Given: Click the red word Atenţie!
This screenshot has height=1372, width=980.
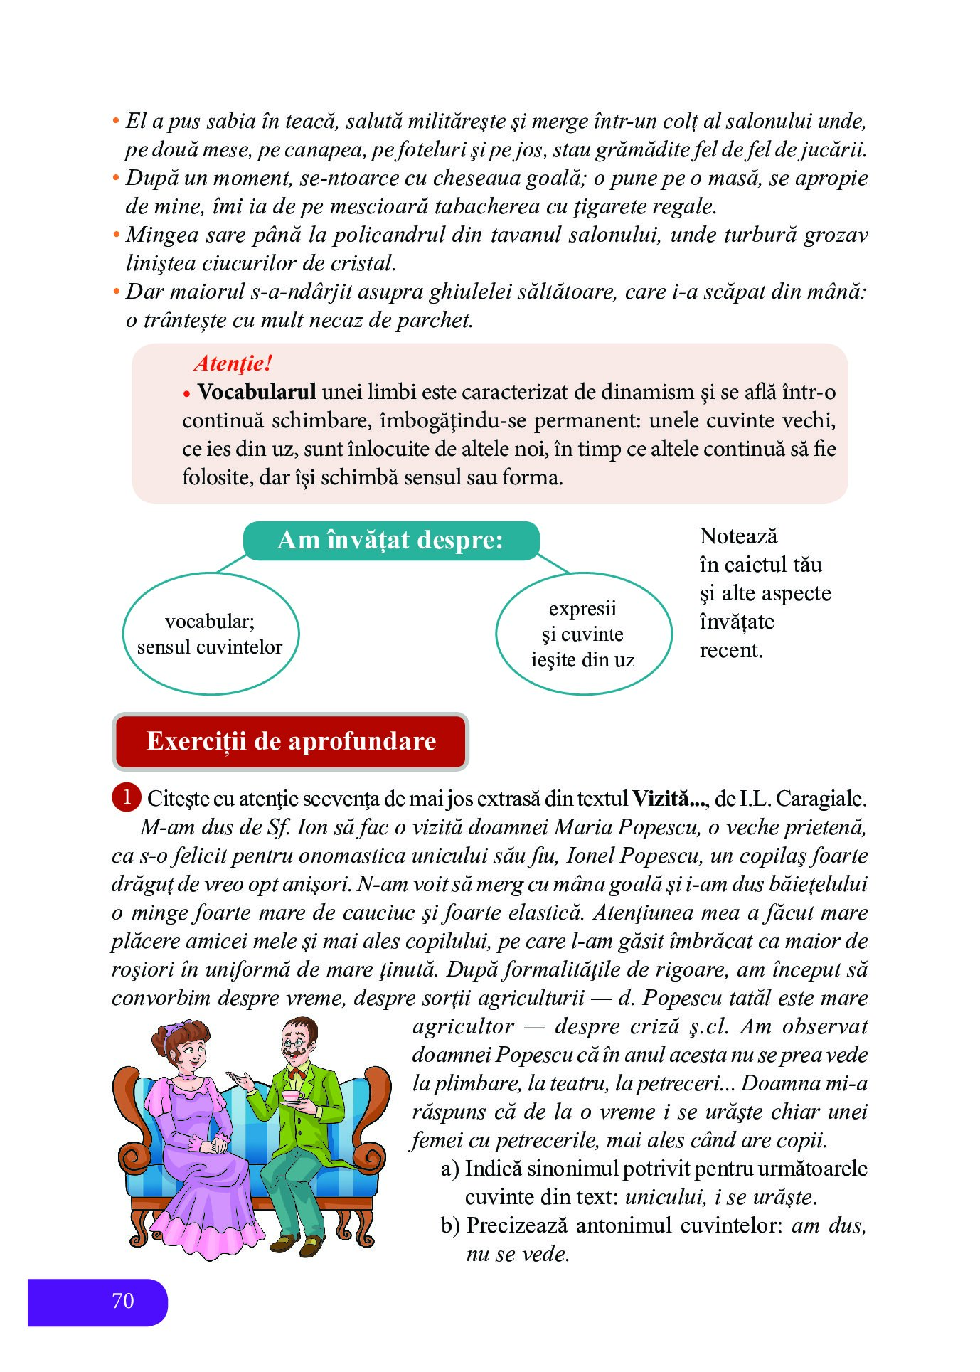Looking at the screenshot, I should [233, 363].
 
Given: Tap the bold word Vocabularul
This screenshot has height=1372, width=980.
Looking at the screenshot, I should [257, 392].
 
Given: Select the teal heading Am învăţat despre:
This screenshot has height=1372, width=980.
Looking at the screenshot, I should [390, 540].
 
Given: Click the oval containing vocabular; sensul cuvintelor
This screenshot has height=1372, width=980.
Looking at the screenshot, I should [211, 633].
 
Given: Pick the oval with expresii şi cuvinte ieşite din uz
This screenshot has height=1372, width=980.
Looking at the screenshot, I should [583, 633].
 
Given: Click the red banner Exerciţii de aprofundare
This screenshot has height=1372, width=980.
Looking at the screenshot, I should [291, 741].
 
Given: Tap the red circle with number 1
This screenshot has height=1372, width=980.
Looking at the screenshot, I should [127, 797].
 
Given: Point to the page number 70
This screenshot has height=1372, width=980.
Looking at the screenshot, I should [123, 1301].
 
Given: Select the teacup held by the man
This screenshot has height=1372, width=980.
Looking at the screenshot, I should [292, 1096].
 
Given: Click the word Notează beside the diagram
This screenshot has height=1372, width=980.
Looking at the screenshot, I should [738, 536].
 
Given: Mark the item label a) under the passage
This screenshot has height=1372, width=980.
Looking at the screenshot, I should [449, 1169].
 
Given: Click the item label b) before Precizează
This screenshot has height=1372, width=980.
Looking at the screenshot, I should [450, 1225].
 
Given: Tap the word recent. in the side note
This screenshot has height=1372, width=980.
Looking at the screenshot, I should [731, 650].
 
